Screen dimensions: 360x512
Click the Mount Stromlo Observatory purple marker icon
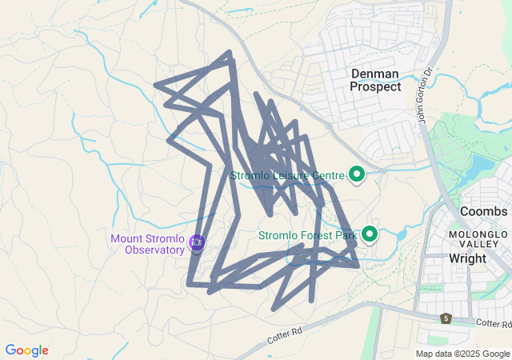coord(197,242)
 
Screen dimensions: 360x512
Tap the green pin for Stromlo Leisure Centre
coord(357,173)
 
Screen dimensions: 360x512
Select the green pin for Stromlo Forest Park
coord(370,234)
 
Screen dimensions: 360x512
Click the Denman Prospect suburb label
coord(376,80)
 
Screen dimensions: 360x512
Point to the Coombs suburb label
coord(483,211)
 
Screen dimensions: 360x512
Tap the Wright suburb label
coord(467,258)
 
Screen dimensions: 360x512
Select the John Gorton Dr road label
coord(425,94)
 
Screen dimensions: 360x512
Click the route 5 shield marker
coord(446,318)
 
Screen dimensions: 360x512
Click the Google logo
coord(26,350)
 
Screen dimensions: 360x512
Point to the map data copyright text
coord(462,354)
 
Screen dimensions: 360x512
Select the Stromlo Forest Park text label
coord(307,236)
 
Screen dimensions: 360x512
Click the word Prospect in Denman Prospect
coord(376,86)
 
